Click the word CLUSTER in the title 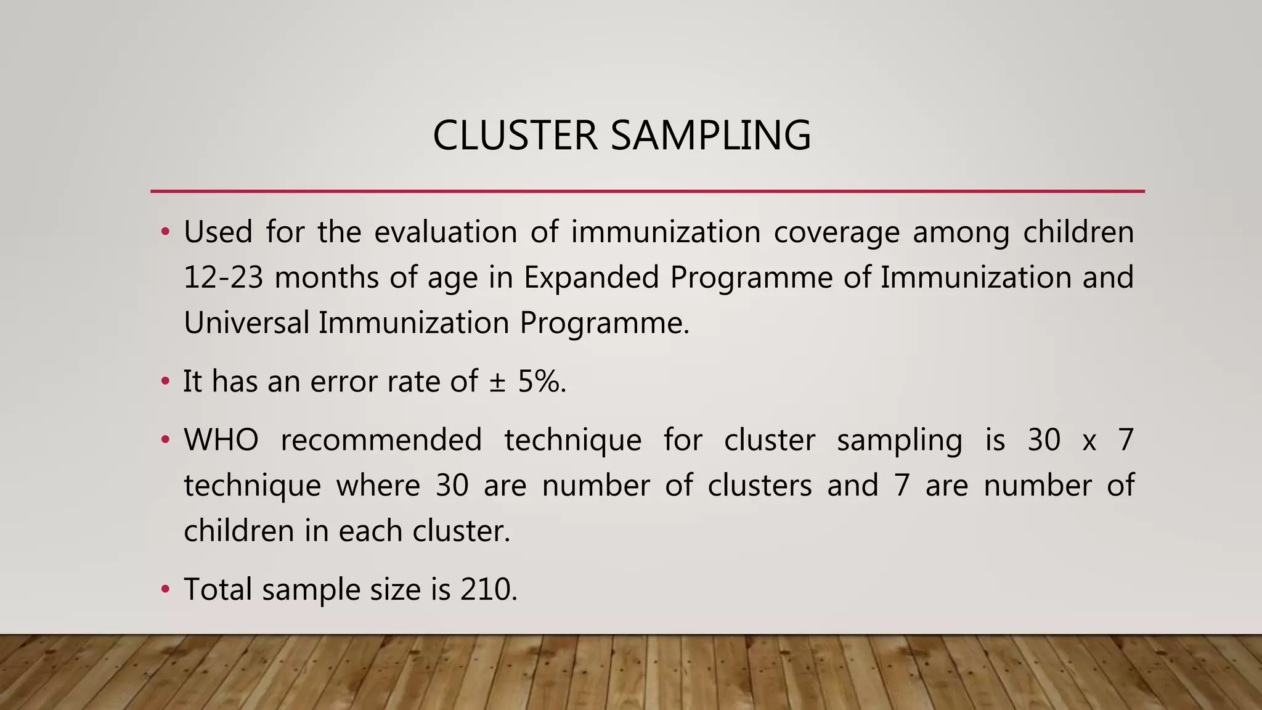click(x=515, y=135)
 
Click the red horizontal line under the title click(x=647, y=192)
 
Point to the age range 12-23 click(x=223, y=277)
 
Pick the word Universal click(x=246, y=323)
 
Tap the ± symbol click(x=497, y=382)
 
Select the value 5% click(x=541, y=382)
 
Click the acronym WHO click(x=221, y=440)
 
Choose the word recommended click(x=381, y=440)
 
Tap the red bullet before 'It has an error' click(x=165, y=382)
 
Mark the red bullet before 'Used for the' click(x=165, y=232)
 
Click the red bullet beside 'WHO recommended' click(x=165, y=440)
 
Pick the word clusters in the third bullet click(x=759, y=486)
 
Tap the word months click(x=326, y=277)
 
